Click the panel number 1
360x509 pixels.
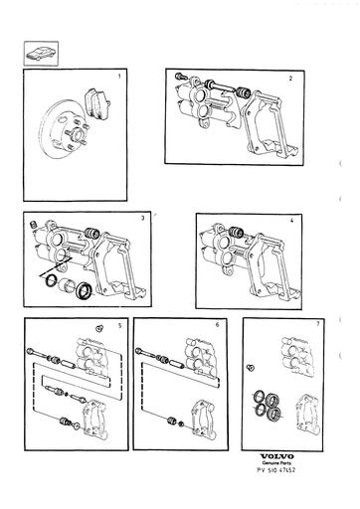click(120, 76)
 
